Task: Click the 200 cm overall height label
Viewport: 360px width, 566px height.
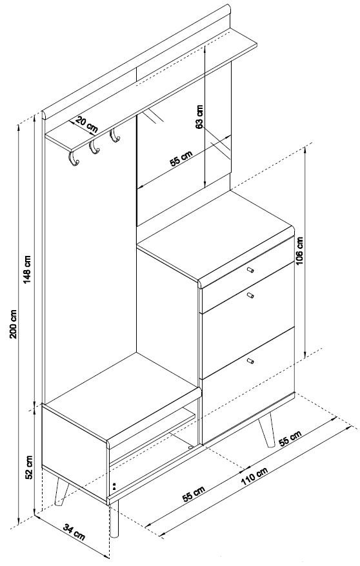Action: coord(14,324)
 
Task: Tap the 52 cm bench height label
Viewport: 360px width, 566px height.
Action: coord(29,467)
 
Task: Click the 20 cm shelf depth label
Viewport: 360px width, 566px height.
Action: coord(86,124)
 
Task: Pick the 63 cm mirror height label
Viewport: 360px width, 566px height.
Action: coord(199,117)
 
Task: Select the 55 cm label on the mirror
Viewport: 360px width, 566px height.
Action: coord(181,158)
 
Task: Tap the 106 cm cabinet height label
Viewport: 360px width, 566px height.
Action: coord(300,251)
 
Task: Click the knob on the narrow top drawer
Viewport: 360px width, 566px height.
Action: coord(250,269)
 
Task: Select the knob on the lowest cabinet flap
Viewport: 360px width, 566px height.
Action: coord(250,360)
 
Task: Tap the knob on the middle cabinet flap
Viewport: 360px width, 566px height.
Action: coord(250,296)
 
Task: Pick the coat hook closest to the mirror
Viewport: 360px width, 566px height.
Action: coord(115,136)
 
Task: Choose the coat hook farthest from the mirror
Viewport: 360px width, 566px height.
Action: coord(74,159)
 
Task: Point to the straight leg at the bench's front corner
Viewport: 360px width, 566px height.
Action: coord(114,518)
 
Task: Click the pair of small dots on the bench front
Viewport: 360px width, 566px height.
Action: coord(114,487)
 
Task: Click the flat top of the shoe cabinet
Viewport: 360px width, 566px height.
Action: coord(215,235)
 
